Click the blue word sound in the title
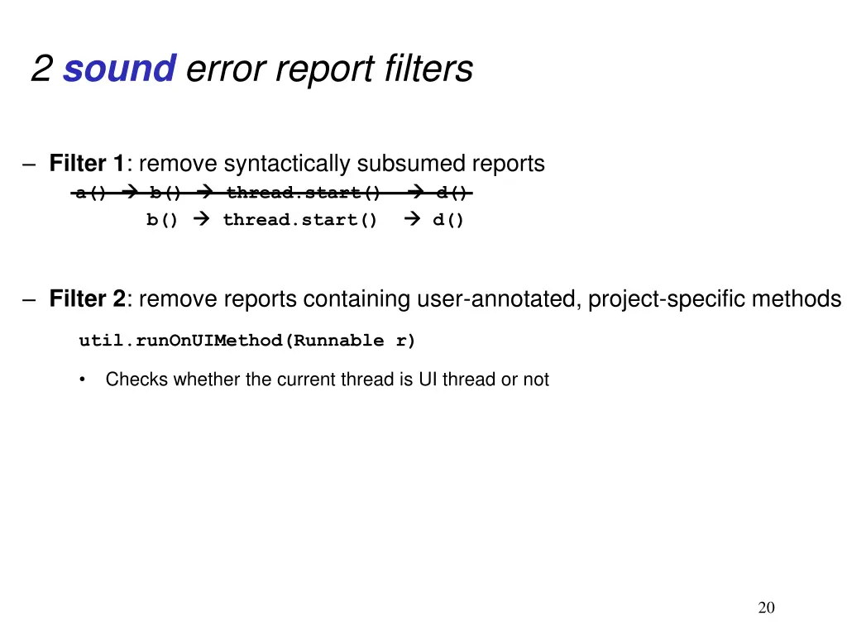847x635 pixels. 119,69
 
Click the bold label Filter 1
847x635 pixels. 86,164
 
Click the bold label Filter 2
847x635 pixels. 87,298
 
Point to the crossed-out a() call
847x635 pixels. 91,193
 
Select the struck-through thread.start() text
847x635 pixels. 304,193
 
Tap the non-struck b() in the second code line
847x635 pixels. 162,220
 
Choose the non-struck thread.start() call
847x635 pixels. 300,220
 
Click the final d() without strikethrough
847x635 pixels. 448,220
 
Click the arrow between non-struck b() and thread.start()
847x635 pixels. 201,220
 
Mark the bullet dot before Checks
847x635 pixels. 83,380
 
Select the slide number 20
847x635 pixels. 767,609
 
